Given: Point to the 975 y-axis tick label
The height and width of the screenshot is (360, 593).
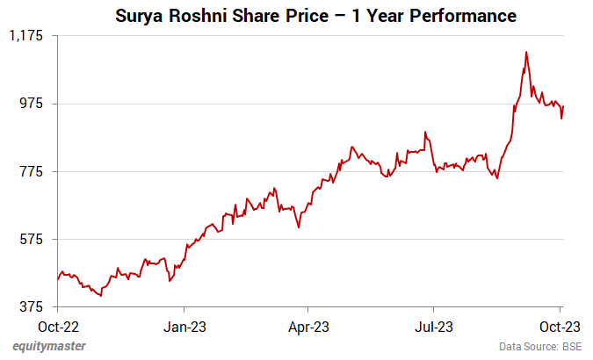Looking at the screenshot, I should [36, 104].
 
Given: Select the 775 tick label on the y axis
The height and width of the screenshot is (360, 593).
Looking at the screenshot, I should [36, 171].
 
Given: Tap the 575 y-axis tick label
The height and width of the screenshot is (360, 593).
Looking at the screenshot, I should [36, 239].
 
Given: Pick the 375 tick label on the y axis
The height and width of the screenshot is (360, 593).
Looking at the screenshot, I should [36, 306].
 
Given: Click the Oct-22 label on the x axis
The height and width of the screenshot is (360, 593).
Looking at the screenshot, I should [57, 328].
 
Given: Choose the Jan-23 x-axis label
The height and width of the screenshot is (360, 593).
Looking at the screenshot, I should [184, 328].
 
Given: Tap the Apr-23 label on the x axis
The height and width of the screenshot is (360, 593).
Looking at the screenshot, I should [308, 328].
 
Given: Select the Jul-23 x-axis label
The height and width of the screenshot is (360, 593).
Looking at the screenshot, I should [434, 328].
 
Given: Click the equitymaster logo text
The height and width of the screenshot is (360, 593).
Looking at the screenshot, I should [49, 346].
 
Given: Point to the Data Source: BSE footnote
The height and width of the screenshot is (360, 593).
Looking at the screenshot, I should [540, 347].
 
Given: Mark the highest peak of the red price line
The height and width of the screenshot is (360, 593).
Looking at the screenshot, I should [525, 52].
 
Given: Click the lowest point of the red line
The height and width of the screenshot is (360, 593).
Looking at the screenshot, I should [102, 296].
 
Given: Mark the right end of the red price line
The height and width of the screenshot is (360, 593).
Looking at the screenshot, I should [563, 106].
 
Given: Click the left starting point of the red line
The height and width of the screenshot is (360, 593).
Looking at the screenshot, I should [57, 279].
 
